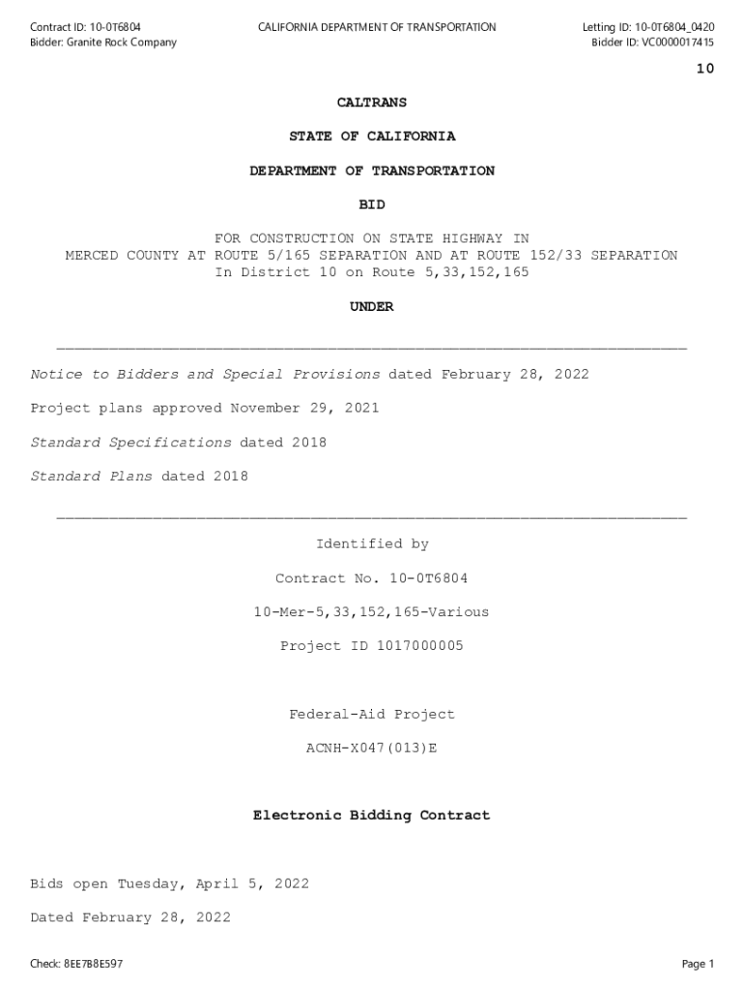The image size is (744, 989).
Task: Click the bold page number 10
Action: pos(704,69)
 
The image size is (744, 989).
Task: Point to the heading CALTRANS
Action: pos(372,102)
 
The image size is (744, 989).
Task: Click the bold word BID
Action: pos(372,205)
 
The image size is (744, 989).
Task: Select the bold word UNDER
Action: pos(372,307)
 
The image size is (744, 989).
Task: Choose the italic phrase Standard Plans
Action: pos(92,476)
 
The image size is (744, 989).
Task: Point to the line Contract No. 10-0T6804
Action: pos(372,579)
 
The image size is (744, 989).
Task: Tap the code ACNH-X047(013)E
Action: pos(372,749)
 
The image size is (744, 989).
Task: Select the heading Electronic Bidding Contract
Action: pos(372,816)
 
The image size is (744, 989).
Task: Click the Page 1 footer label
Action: pos(698,964)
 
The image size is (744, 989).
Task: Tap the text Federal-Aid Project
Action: pos(372,715)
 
